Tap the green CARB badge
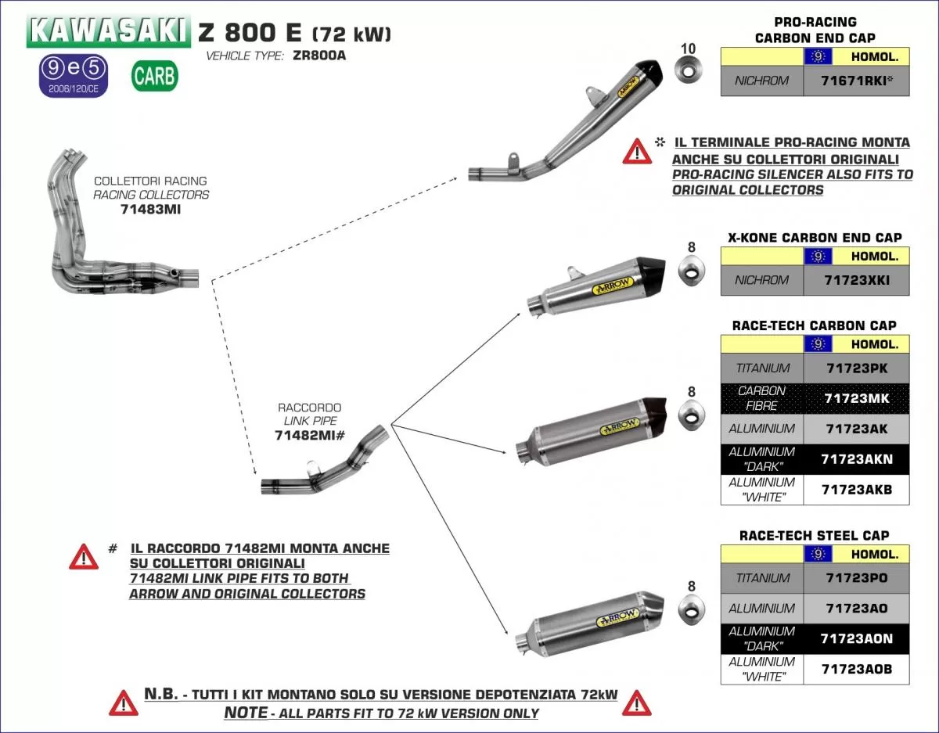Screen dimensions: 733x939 tap(155, 76)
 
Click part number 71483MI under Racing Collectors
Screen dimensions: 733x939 tap(151, 209)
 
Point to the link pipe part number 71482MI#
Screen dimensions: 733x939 tap(310, 436)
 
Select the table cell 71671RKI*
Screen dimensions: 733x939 tap(856, 81)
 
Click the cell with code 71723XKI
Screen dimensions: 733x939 tap(856, 280)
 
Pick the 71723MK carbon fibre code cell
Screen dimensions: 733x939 tap(856, 398)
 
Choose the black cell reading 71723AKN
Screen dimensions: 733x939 tap(856, 459)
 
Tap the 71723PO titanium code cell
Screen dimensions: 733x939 tap(856, 578)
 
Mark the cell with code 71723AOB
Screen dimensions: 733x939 tap(856, 669)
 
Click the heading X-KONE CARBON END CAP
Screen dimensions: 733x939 tap(815, 237)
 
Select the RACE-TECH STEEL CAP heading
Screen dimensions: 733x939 tap(815, 535)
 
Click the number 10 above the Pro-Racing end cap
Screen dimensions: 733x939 tap(688, 49)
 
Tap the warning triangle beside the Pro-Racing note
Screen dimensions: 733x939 tap(637, 150)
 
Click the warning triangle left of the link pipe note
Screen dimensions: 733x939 tap(84, 556)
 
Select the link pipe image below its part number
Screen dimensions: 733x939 tap(325, 465)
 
